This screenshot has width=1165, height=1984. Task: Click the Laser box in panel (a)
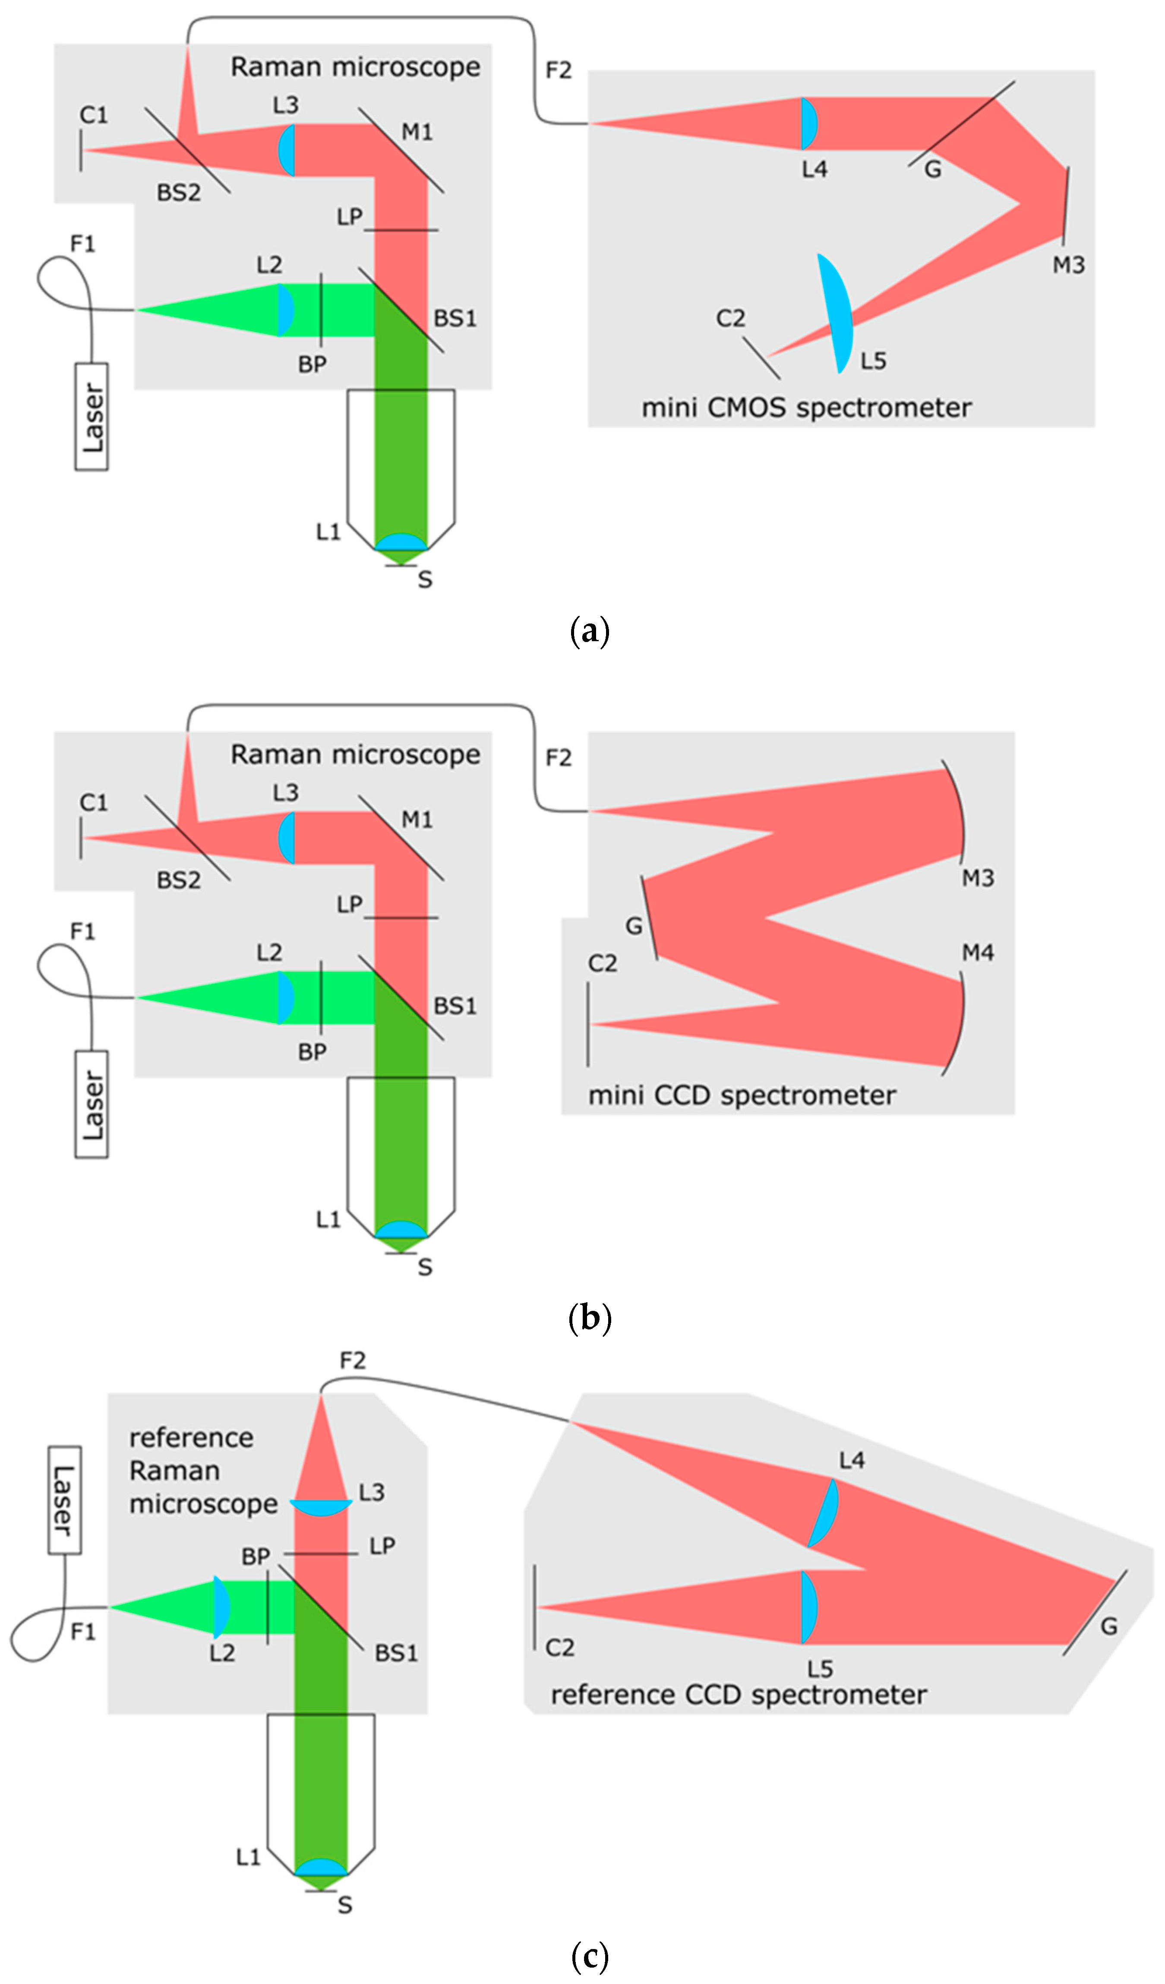[x=92, y=417]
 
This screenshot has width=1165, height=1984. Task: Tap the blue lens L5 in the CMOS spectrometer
[x=836, y=313]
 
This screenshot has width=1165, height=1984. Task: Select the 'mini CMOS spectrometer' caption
[x=806, y=408]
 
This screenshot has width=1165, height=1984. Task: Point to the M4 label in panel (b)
[x=978, y=953]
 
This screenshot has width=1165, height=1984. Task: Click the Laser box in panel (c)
[x=65, y=1500]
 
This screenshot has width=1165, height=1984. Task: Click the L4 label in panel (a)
[x=815, y=169]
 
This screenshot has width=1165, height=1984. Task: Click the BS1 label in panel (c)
[x=396, y=1652]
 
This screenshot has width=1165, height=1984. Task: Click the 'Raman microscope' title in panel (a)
[x=355, y=67]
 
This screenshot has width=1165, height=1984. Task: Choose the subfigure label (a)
[x=590, y=631]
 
